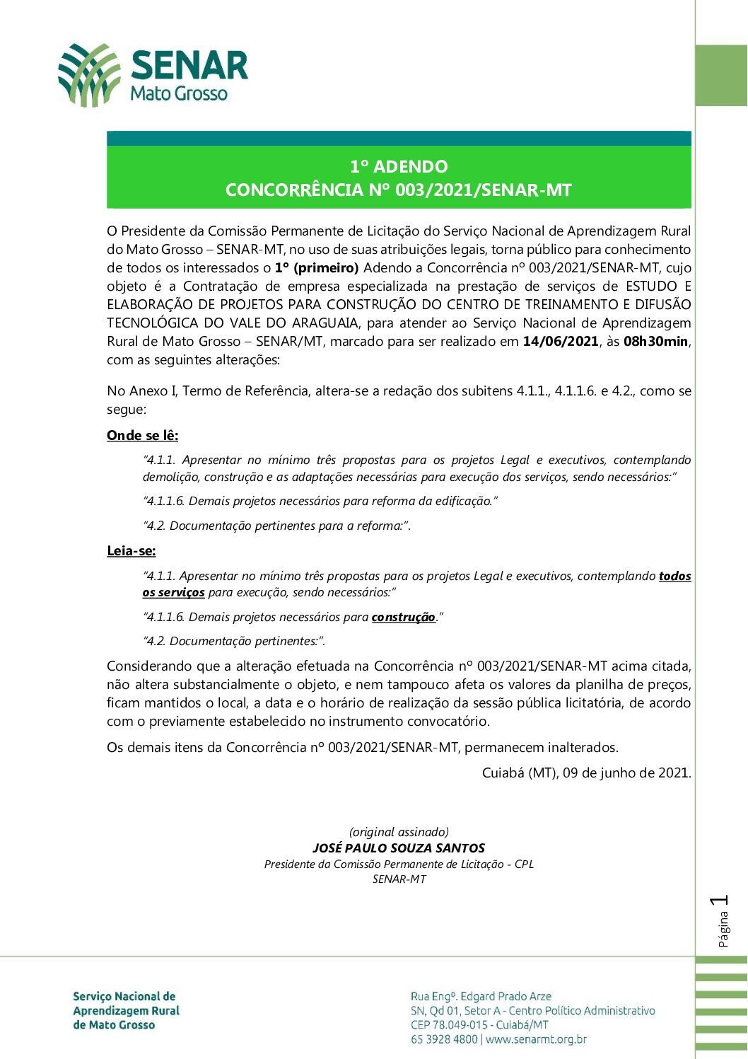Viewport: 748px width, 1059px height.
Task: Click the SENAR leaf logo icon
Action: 89,75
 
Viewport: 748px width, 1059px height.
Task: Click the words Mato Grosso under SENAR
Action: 179,93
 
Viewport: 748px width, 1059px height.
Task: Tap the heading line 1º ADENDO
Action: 399,167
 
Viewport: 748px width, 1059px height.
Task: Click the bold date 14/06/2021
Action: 561,342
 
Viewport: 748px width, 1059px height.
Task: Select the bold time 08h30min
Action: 655,342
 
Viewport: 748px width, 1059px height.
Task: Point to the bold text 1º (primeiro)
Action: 317,268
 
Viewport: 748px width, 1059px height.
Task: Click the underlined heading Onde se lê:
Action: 142,436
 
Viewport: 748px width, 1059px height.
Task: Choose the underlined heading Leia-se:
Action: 132,551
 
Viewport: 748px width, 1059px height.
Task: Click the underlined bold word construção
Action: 404,618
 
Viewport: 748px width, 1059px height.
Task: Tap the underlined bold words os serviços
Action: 173,593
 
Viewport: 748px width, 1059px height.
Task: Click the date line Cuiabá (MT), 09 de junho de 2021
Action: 586,773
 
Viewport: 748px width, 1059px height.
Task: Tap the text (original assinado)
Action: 399,832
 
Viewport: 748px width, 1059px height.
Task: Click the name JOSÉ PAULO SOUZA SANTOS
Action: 399,848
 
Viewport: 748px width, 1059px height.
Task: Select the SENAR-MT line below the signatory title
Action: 399,879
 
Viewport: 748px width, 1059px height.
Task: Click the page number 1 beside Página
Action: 721,901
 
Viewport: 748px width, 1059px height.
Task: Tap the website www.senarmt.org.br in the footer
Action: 537,1039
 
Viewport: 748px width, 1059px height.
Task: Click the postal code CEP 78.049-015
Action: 449,1025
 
